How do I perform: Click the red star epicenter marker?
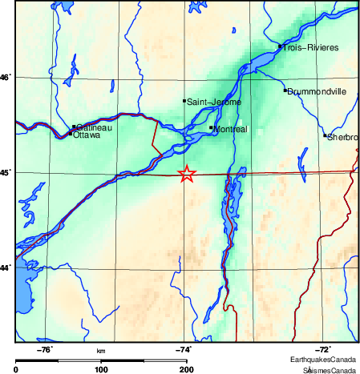point(186,174)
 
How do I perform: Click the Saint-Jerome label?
point(212,102)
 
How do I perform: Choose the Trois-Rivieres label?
point(311,48)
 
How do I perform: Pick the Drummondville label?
point(317,91)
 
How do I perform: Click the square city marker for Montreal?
point(211,127)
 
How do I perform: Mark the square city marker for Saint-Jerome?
point(184,101)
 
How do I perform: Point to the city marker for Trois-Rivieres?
point(280,46)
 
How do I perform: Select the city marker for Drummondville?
point(285,90)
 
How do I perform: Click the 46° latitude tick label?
point(6,78)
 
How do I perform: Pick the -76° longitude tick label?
point(46,350)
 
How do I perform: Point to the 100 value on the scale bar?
point(101,369)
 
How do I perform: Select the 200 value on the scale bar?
point(186,369)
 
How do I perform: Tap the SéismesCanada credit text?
point(329,370)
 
